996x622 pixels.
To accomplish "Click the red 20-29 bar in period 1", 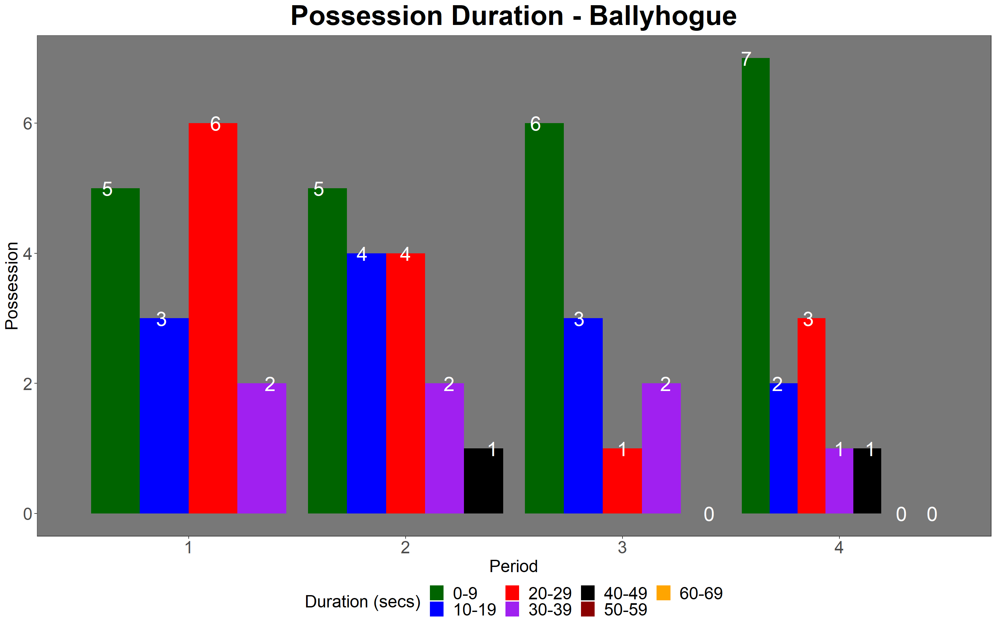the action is [x=213, y=318].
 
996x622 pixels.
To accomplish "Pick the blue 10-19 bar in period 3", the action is [x=583, y=416].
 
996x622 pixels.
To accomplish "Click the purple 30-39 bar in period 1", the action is [x=262, y=448].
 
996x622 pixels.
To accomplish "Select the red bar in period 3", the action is [x=622, y=480].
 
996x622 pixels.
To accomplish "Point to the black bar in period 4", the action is [x=867, y=480].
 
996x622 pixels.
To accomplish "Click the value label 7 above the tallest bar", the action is [x=746, y=59].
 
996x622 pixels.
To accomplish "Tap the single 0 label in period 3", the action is [x=709, y=514].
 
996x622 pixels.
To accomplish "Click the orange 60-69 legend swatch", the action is [x=663, y=593].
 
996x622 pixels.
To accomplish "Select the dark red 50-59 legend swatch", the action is [x=588, y=609].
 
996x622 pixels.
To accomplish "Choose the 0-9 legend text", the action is [x=465, y=593].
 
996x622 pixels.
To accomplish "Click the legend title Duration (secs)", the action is [x=362, y=602].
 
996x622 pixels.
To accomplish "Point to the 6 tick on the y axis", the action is [x=28, y=123].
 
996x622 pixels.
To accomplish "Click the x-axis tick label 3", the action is [x=622, y=547].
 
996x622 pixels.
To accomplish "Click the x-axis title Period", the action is [x=513, y=567].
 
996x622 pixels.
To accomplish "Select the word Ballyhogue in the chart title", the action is [x=663, y=17].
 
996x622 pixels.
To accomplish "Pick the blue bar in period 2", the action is [x=366, y=383].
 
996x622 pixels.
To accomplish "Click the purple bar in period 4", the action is [x=839, y=480].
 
